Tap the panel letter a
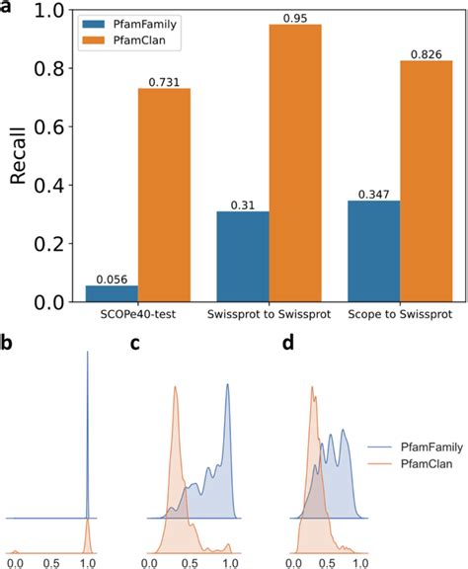pyautogui.click(x=9, y=8)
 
